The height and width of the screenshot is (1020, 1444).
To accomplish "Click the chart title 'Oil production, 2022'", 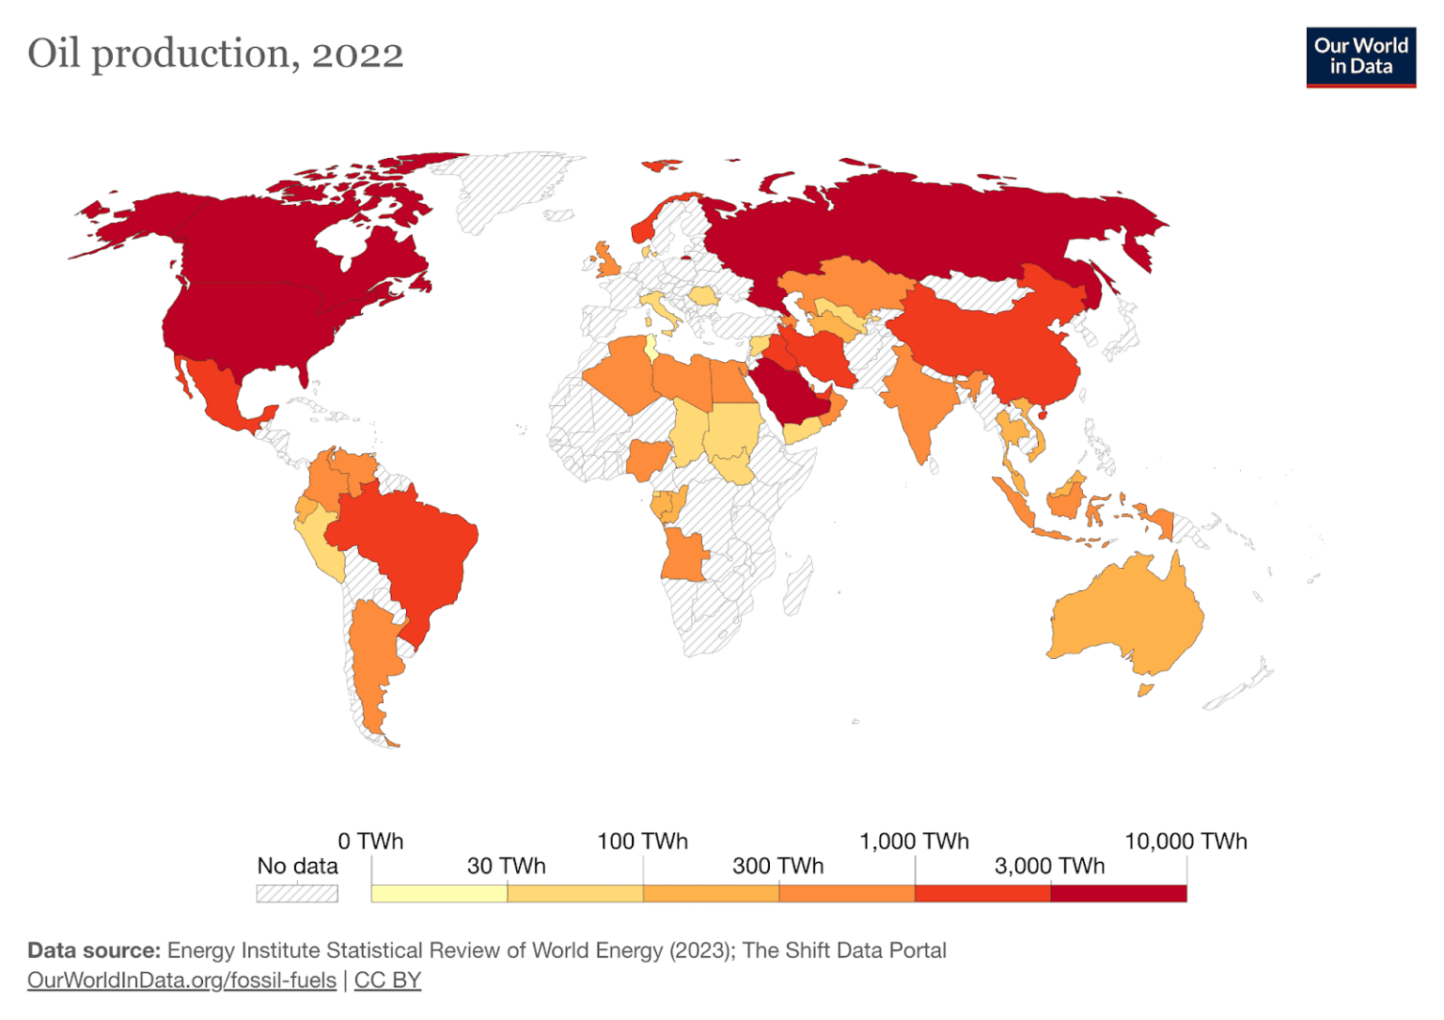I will point(215,54).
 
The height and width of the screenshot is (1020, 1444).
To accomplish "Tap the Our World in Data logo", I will point(1360,56).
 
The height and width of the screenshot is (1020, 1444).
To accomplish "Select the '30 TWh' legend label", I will point(506,866).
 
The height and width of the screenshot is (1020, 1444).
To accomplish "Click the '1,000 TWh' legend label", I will point(914,841).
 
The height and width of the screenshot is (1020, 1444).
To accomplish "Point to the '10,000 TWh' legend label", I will point(1185,841).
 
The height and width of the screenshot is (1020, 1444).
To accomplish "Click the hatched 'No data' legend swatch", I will point(297,893).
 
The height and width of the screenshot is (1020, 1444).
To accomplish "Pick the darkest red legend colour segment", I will point(1118,893).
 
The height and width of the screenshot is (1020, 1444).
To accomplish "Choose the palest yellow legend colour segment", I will point(439,893).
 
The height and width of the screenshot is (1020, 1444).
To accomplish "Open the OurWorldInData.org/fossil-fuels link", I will point(181,981).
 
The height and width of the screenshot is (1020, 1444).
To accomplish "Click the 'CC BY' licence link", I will point(387,981).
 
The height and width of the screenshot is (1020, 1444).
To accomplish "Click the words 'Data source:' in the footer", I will point(94,950).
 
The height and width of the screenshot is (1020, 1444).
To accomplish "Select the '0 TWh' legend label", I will point(370,841).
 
